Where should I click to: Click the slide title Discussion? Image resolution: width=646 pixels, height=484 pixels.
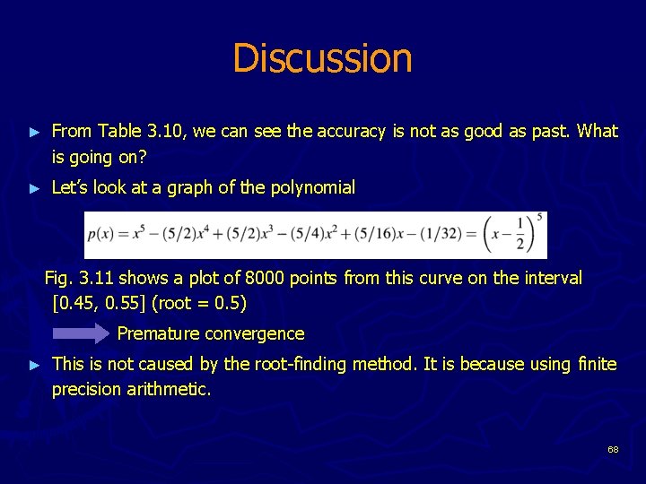(322, 58)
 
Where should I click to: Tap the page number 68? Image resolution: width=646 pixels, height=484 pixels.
(613, 449)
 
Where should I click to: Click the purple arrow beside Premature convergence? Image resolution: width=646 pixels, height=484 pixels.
(81, 334)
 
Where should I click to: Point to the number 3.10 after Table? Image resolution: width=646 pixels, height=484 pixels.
(162, 132)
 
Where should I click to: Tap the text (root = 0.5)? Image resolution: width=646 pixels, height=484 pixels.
(200, 303)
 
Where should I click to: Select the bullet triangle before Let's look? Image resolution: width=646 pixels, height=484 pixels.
(34, 189)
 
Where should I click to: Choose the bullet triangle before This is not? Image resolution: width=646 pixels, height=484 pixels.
(34, 365)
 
